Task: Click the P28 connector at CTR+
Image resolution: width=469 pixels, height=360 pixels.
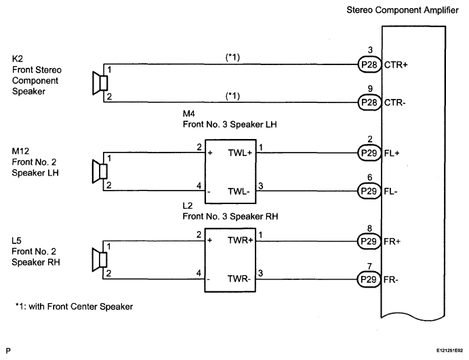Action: pyautogui.click(x=369, y=64)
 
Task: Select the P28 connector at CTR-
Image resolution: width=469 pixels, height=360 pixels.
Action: pyautogui.click(x=369, y=102)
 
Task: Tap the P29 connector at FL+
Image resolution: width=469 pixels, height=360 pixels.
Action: pyautogui.click(x=369, y=153)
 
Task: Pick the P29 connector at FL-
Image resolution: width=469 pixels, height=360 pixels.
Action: pyautogui.click(x=369, y=191)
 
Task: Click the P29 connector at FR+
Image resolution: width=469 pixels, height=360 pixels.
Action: pyautogui.click(x=369, y=241)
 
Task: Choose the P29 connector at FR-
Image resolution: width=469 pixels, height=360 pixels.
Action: pyautogui.click(x=369, y=279)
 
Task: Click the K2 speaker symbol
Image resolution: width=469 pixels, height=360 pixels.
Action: pyautogui.click(x=100, y=83)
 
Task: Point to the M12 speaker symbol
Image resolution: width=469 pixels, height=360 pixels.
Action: pyautogui.click(x=100, y=172)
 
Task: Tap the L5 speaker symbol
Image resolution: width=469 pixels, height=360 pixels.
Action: pyautogui.click(x=100, y=260)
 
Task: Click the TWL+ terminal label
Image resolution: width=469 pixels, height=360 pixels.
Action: pyautogui.click(x=240, y=153)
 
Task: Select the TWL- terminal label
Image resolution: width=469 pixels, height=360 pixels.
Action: pyautogui.click(x=239, y=191)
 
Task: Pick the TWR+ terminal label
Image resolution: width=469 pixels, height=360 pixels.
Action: pyautogui.click(x=240, y=240)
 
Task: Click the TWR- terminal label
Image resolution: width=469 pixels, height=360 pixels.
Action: pyautogui.click(x=239, y=279)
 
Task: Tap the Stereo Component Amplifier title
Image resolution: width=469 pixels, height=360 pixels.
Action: pyautogui.click(x=403, y=10)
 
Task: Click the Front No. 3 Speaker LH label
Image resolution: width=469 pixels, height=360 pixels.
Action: pyautogui.click(x=230, y=124)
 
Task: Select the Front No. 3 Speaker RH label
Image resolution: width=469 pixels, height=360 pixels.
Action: pyautogui.click(x=230, y=216)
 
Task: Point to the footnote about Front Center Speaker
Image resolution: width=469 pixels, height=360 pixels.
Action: pyautogui.click(x=74, y=306)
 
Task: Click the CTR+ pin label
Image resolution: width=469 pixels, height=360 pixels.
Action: pyautogui.click(x=396, y=64)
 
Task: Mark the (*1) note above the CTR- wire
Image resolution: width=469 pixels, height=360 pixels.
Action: pyautogui.click(x=232, y=96)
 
